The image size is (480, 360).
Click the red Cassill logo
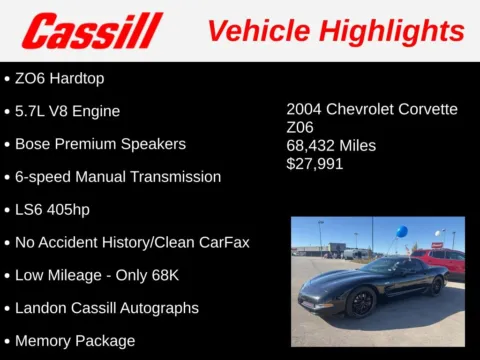pos(91,30)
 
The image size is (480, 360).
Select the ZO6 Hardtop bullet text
pos(60,78)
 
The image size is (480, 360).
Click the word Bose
pos(33,144)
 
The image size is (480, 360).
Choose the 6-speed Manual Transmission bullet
pos(118,177)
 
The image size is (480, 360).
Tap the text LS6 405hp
pos(63,210)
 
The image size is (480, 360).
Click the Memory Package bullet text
pos(75,341)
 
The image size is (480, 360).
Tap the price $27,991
pos(314,164)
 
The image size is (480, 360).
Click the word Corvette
pos(426,110)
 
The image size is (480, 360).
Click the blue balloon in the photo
pos(401,232)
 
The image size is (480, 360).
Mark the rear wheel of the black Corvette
pos(436,286)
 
